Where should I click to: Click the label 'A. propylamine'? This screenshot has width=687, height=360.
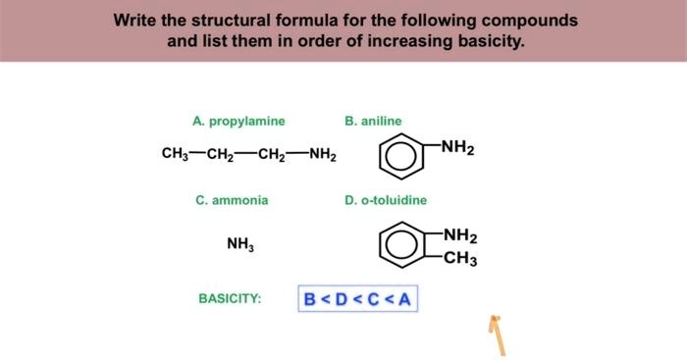coord(238,122)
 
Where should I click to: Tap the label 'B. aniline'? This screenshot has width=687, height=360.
coord(373,122)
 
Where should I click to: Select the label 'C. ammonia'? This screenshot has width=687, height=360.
coord(232,200)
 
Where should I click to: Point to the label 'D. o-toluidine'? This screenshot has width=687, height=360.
coord(386,200)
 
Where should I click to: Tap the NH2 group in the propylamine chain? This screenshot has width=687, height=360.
coord(322,155)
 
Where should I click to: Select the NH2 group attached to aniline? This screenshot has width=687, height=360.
coord(457,148)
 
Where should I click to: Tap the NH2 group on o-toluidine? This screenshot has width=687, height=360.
coord(459,235)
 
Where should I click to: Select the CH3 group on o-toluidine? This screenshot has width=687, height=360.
coord(459,260)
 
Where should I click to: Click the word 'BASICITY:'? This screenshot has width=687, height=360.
coord(230,298)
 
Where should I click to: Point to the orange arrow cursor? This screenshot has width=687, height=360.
coord(499,334)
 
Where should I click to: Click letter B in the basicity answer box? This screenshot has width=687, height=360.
coord(310,298)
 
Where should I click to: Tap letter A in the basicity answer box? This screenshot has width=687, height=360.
coord(404,298)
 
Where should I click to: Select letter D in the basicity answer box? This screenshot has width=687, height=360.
coord(342,298)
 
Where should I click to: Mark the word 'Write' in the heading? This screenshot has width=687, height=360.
coord(134,20)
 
